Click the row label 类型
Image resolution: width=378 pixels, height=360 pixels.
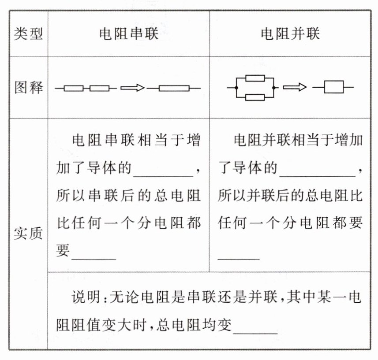pyautogui.click(x=28, y=34)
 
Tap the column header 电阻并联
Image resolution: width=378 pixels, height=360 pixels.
pyautogui.click(x=290, y=34)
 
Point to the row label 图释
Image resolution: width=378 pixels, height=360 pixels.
pyautogui.click(x=28, y=88)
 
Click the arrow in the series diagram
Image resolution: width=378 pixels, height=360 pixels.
pyautogui.click(x=132, y=88)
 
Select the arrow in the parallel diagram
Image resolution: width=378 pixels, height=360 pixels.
pyautogui.click(x=294, y=88)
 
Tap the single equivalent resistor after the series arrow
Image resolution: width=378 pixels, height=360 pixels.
pyautogui.click(x=174, y=88)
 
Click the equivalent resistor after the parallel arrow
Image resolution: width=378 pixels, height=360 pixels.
pyautogui.click(x=333, y=88)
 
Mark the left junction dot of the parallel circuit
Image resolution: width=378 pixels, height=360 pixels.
pyautogui.click(x=237, y=88)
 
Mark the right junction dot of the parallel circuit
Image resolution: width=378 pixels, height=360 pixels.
pyautogui.click(x=274, y=88)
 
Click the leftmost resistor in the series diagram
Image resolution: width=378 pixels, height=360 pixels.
pyautogui.click(x=73, y=88)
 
